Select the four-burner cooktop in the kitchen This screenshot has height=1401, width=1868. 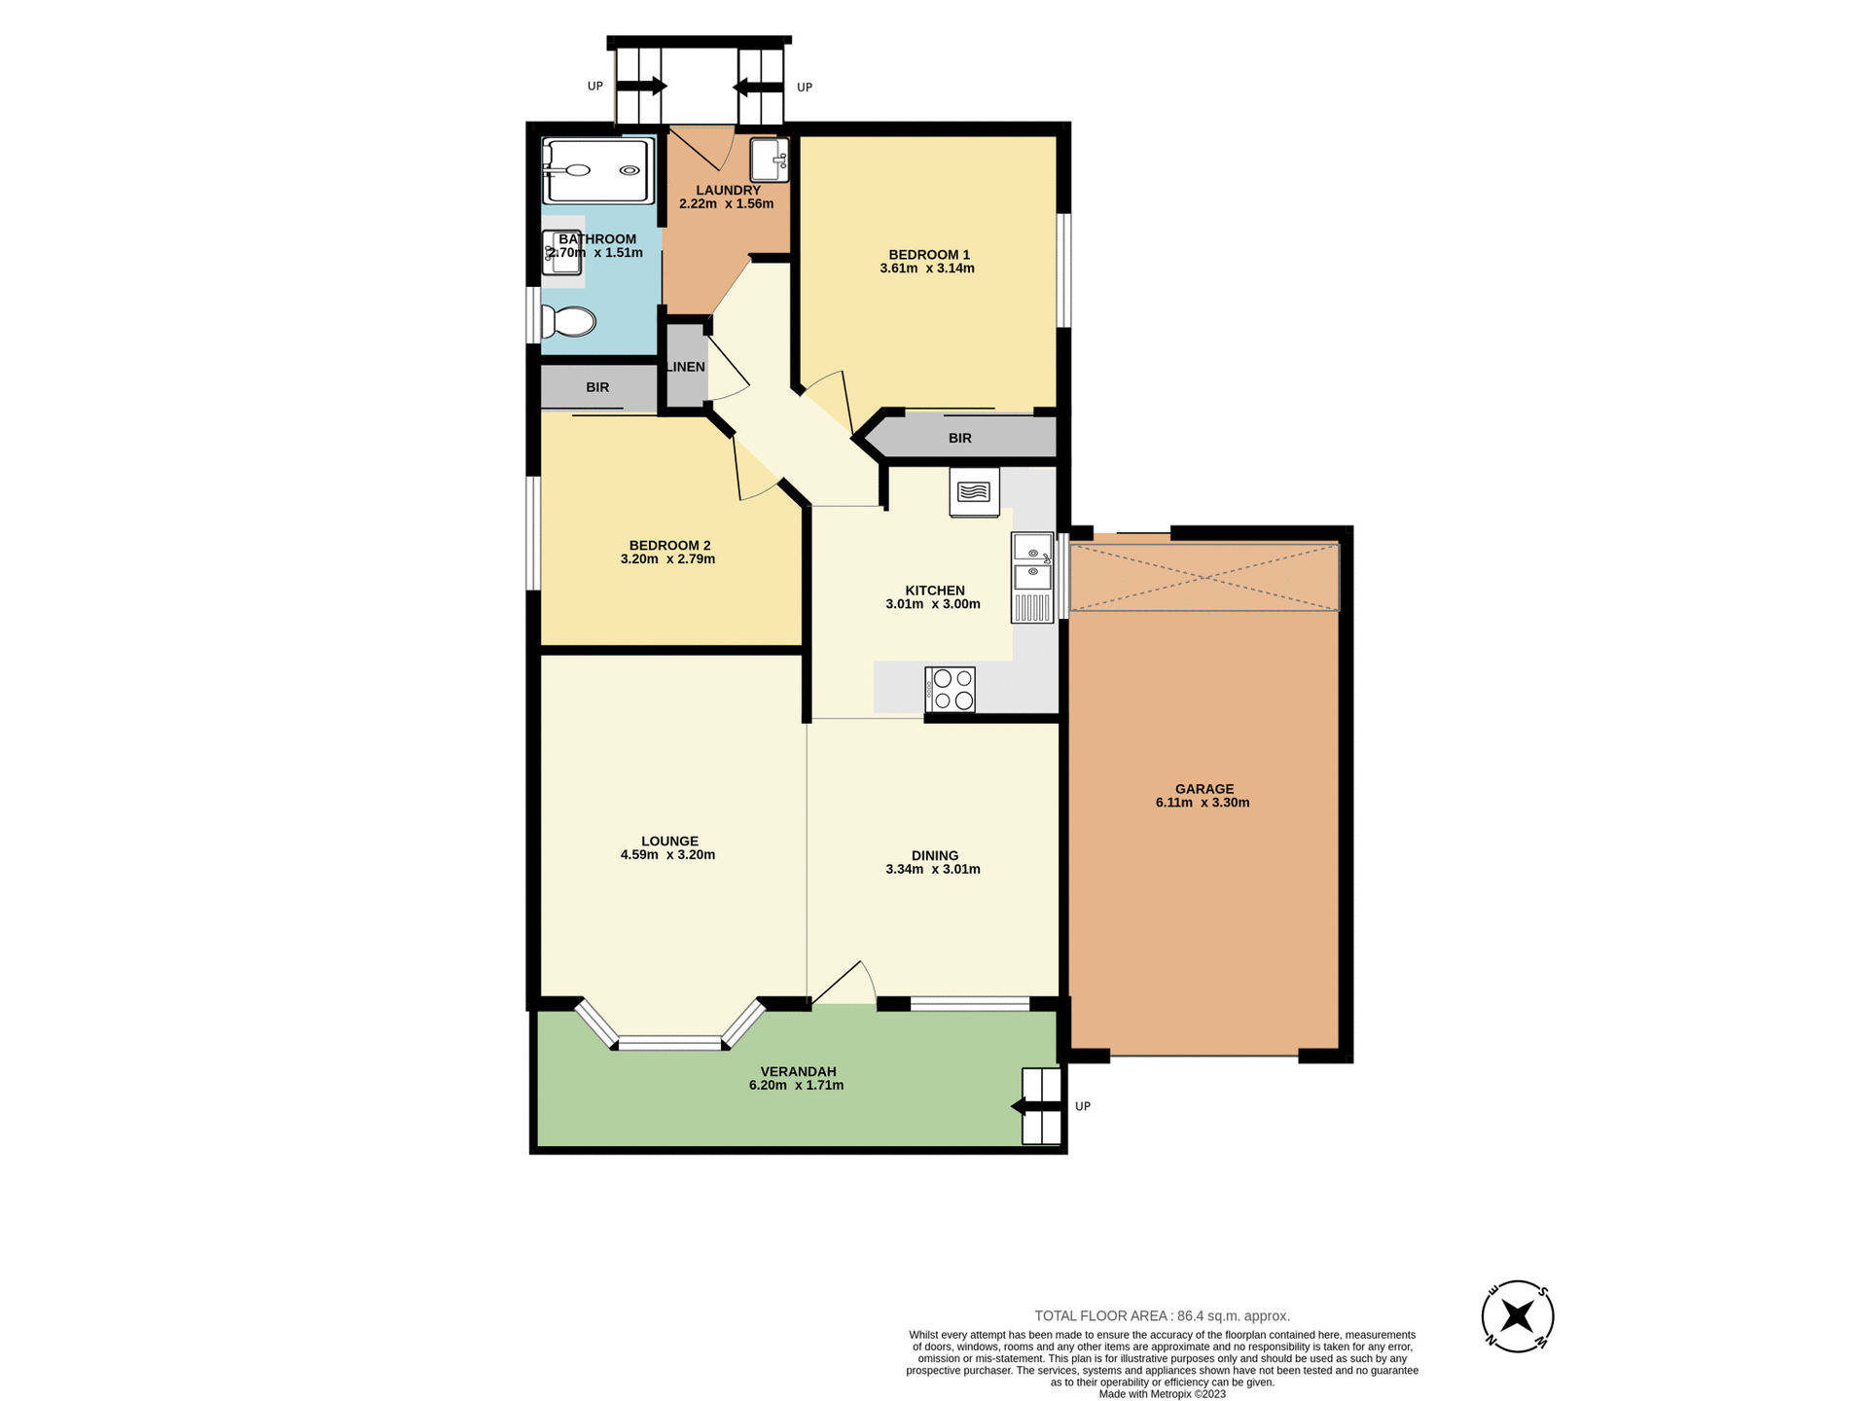(951, 689)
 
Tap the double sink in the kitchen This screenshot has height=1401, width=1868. (1032, 561)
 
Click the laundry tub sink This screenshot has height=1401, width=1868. (769, 160)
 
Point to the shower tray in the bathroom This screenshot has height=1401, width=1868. (597, 170)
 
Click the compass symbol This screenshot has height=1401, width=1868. (1517, 1316)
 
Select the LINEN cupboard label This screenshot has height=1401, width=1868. (686, 367)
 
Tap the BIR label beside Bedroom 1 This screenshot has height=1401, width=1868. (959, 438)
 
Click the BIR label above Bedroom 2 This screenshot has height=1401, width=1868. (597, 387)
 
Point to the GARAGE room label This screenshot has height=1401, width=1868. (1203, 789)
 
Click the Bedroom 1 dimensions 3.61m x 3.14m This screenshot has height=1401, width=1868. (926, 269)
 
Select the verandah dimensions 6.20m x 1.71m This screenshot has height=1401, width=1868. (796, 1085)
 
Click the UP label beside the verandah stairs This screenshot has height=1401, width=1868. (1082, 1106)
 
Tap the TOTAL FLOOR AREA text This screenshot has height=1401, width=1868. (1162, 1315)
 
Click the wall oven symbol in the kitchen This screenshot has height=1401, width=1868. (974, 492)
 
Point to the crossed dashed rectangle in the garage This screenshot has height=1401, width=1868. (1203, 578)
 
